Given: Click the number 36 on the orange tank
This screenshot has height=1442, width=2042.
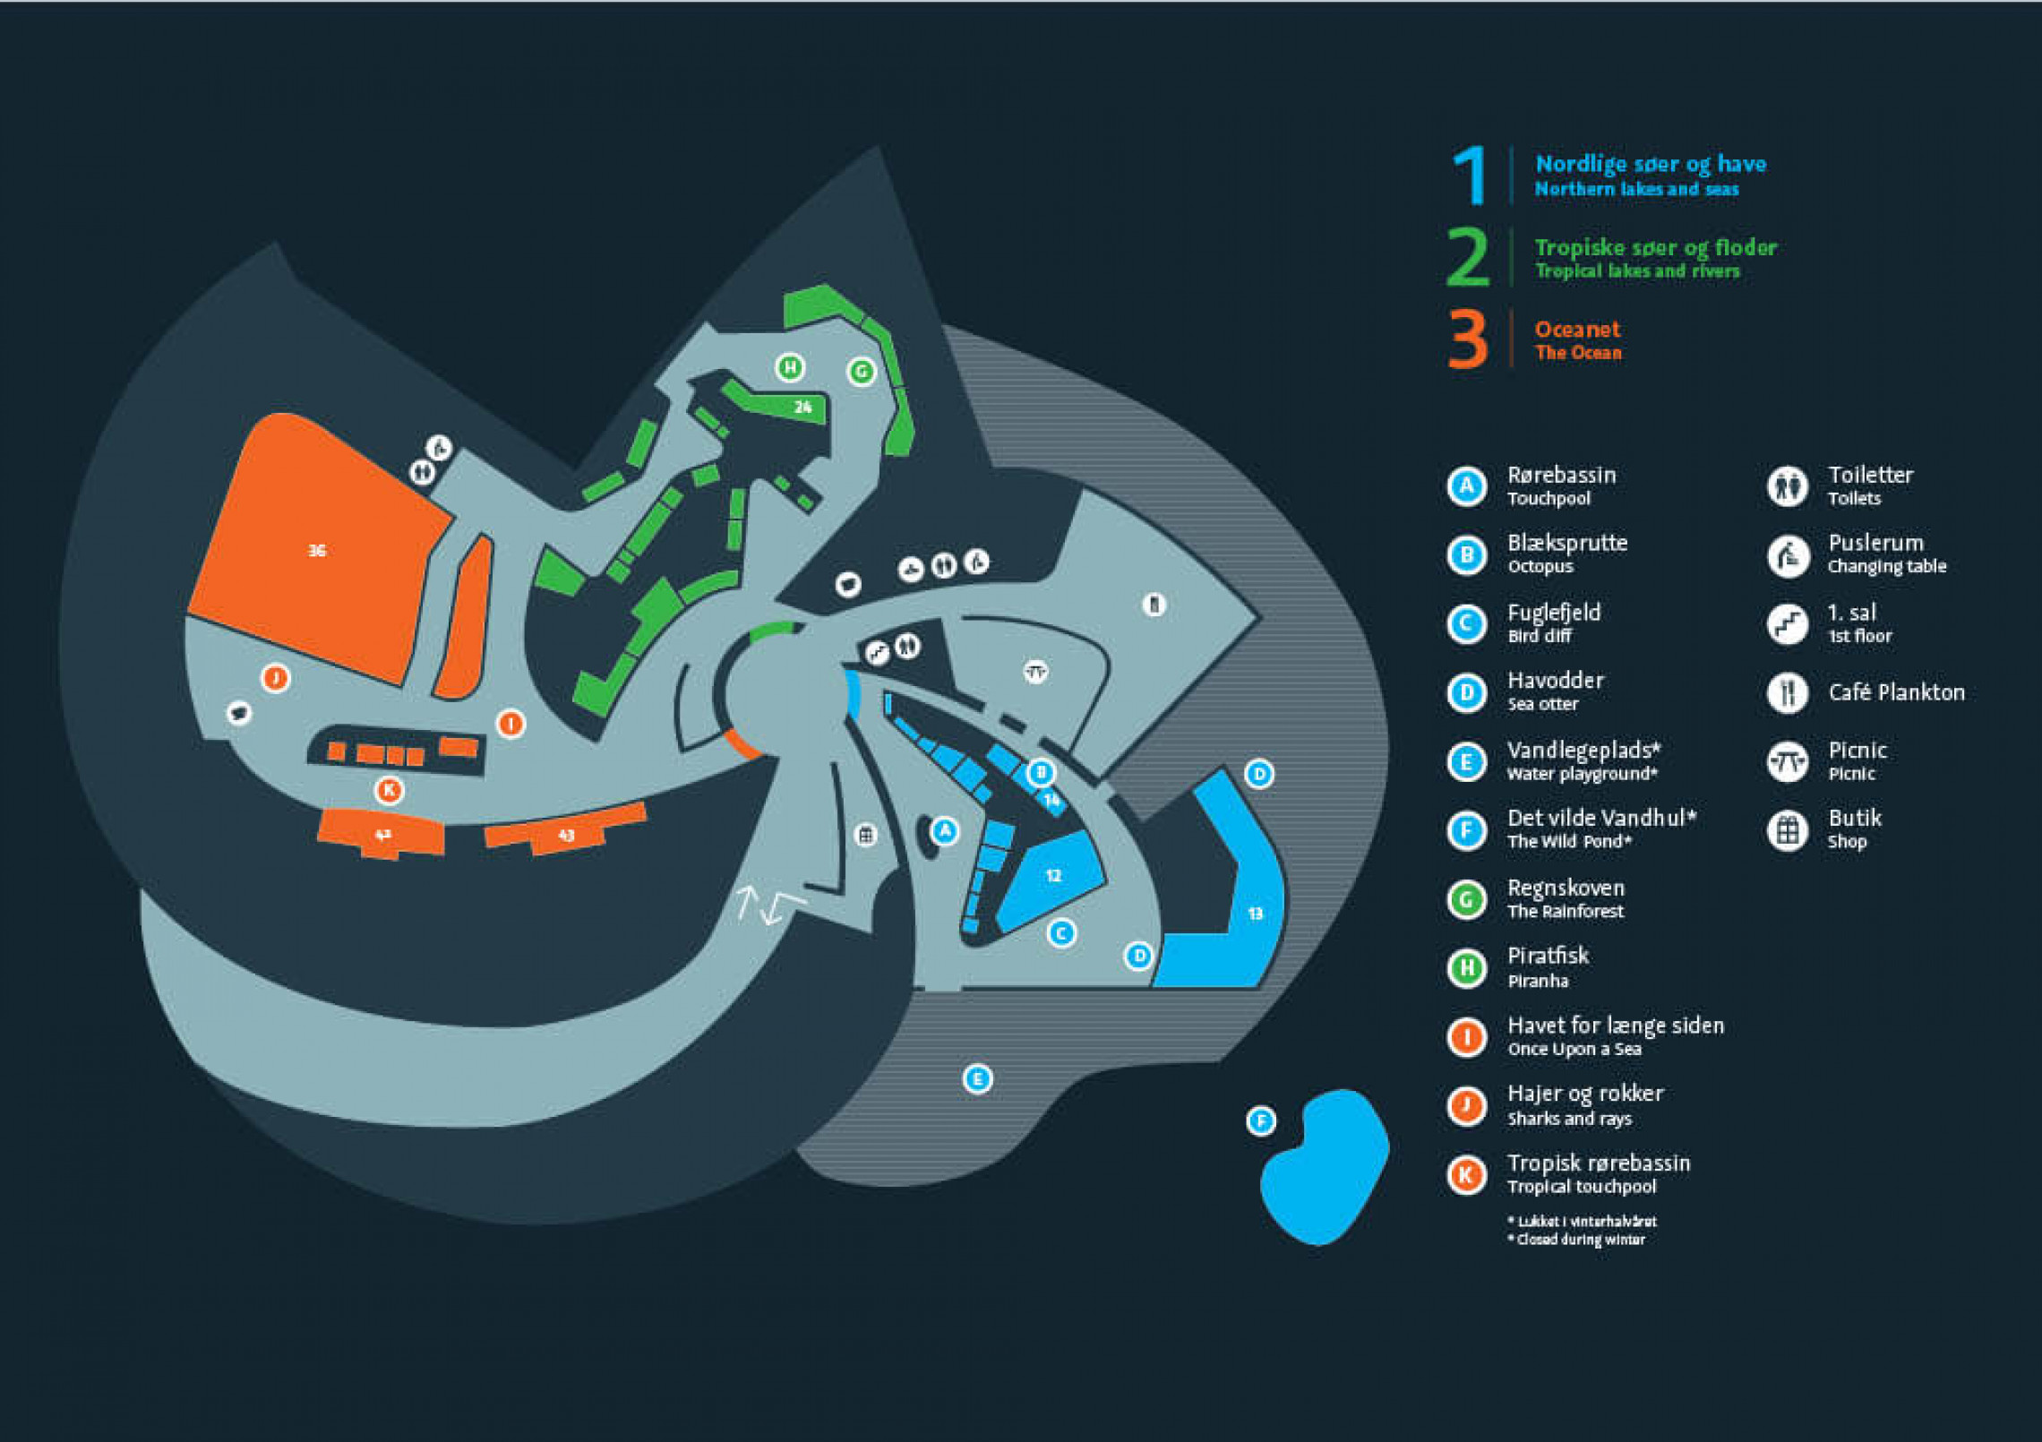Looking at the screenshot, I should tap(317, 551).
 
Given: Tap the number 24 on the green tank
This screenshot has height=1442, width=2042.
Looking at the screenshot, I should tap(802, 408).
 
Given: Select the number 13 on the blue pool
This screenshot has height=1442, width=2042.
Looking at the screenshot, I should tap(1255, 914).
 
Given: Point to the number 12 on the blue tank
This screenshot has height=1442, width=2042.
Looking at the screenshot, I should tap(1053, 876).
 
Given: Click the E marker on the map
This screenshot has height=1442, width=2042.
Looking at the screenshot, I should tap(977, 1078).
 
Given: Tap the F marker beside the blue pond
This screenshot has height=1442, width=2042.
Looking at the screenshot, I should tap(1261, 1120).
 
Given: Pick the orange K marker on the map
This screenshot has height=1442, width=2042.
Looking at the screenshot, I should tap(389, 790).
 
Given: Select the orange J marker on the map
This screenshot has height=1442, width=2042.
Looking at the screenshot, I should tap(276, 678).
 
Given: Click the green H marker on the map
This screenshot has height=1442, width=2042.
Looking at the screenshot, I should tap(790, 367).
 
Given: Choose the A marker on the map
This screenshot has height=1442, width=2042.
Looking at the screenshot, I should tap(945, 831).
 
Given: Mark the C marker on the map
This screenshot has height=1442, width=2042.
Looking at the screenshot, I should tap(1061, 933).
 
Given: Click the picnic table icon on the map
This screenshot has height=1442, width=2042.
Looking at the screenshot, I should tap(1036, 671).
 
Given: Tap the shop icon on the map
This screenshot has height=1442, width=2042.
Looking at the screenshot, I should tap(865, 836).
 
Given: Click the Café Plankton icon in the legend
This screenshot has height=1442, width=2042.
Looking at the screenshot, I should tap(1788, 692).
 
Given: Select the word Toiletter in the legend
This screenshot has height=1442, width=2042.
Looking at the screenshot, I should tap(1870, 475).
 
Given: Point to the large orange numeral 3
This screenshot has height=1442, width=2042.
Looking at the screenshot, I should tap(1468, 339).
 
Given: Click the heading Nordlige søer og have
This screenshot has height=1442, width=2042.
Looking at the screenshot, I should tap(1651, 164).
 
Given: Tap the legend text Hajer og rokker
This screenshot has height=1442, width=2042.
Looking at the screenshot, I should tap(1585, 1094).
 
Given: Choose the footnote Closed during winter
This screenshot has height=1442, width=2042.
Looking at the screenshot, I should tap(1580, 1240).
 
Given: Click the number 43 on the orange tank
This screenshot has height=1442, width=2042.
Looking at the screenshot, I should tap(566, 836).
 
